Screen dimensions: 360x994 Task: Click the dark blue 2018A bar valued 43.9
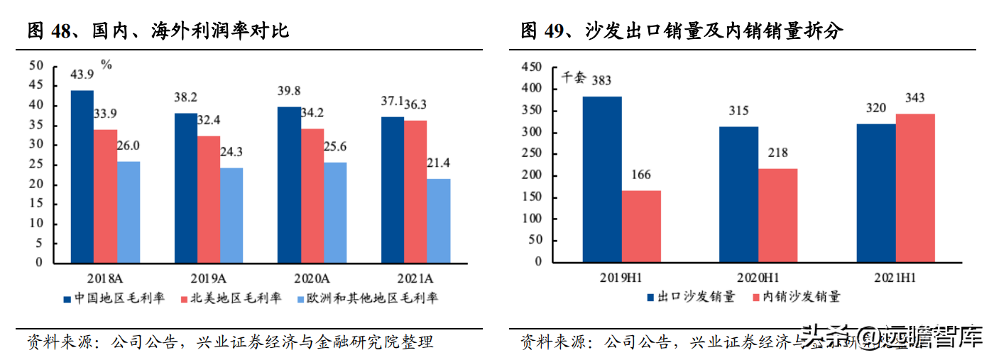tap(82, 176)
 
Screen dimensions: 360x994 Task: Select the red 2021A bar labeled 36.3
tap(415, 191)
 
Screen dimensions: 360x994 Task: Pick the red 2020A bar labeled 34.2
tap(312, 195)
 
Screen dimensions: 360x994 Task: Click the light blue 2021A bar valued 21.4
tap(439, 220)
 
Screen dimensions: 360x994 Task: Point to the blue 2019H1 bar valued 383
tap(602, 179)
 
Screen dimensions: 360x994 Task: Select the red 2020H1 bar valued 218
tap(778, 215)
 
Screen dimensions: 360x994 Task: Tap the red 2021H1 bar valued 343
tap(916, 187)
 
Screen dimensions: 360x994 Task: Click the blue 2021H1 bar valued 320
tap(875, 192)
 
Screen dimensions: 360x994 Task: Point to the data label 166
tap(641, 175)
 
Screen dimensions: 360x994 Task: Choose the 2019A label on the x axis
tap(209, 278)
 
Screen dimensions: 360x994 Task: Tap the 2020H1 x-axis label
tap(758, 278)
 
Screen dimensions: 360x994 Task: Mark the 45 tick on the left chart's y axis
tap(36, 86)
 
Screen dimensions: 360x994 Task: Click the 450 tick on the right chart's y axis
tap(531, 67)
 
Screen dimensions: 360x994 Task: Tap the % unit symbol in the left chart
tap(106, 65)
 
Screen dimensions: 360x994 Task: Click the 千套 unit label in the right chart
tap(572, 78)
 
